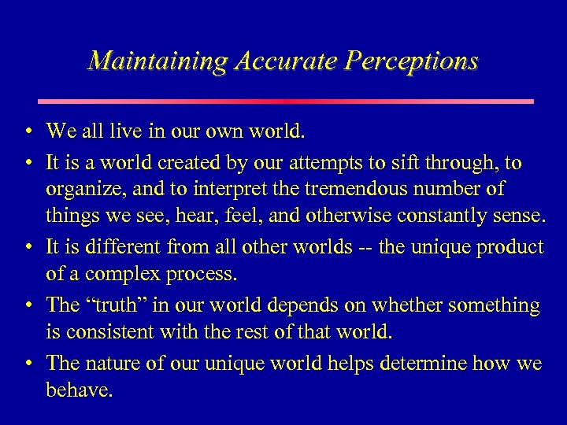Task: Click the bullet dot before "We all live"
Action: click(28, 132)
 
